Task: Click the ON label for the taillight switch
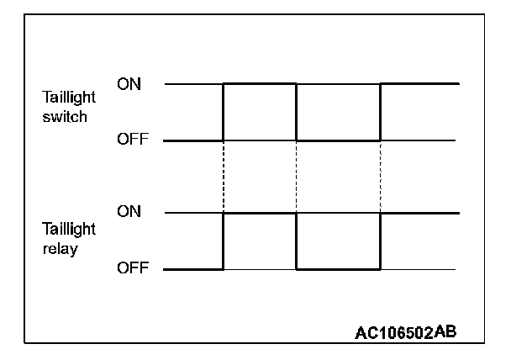129,84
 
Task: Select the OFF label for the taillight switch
132,140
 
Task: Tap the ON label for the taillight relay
129,212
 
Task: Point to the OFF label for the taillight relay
132,269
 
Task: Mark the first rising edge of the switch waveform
223,112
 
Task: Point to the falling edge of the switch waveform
297,112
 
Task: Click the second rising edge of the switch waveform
381,112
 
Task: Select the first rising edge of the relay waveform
223,241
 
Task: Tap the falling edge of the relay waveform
297,241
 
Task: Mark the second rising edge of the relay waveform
381,241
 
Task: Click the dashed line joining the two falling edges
297,177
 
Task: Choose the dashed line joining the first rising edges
223,177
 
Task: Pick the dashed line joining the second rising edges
381,177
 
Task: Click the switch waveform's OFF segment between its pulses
339,140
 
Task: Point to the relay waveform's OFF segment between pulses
339,270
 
